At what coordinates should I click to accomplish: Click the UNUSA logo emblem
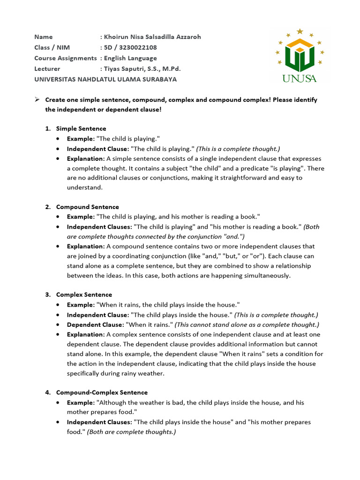[x=300, y=55]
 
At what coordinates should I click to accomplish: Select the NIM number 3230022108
[x=139, y=47]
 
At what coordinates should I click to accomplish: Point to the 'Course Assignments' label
[x=65, y=58]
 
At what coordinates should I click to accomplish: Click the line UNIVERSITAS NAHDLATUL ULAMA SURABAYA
[x=105, y=79]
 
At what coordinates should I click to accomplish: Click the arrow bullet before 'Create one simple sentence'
[x=37, y=100]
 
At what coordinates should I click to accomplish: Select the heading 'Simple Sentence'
[x=81, y=128]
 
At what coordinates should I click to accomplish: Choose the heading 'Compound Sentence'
[x=87, y=207]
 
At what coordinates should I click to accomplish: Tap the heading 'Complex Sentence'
[x=84, y=295]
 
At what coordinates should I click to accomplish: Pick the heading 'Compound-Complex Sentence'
[x=102, y=392]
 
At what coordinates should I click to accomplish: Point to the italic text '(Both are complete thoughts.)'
[x=131, y=432]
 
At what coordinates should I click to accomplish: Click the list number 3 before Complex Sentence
[x=47, y=295]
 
